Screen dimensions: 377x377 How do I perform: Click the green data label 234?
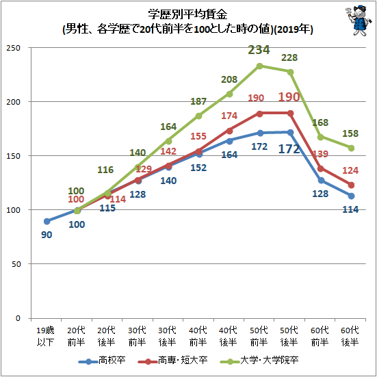click(x=259, y=50)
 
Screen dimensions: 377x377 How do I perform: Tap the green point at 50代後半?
click(x=290, y=72)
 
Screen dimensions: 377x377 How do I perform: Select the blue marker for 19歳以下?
click(x=47, y=221)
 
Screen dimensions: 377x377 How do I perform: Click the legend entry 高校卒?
click(x=102, y=361)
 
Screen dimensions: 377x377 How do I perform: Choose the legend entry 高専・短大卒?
click(x=172, y=361)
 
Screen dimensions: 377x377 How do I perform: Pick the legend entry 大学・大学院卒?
click(x=259, y=361)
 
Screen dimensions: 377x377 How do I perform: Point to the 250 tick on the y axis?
click(x=13, y=48)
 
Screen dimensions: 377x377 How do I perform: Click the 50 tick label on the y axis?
click(x=16, y=264)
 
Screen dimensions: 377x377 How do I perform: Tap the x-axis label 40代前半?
click(x=198, y=336)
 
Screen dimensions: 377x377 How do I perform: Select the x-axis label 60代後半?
click(x=350, y=336)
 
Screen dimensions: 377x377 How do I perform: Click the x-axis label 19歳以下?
click(x=45, y=336)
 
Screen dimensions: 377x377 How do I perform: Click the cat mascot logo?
click(x=359, y=21)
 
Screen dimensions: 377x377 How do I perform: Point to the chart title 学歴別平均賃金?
click(x=187, y=14)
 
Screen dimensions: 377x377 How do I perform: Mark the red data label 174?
click(x=229, y=116)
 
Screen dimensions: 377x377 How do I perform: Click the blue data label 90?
click(x=47, y=235)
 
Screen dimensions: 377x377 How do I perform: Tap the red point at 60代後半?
click(x=351, y=185)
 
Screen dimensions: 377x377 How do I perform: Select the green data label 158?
click(x=350, y=133)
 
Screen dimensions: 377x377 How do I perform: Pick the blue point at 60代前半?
click(x=321, y=181)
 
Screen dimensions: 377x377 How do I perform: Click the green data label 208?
click(x=229, y=79)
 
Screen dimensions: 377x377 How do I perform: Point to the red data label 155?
click(x=198, y=136)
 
